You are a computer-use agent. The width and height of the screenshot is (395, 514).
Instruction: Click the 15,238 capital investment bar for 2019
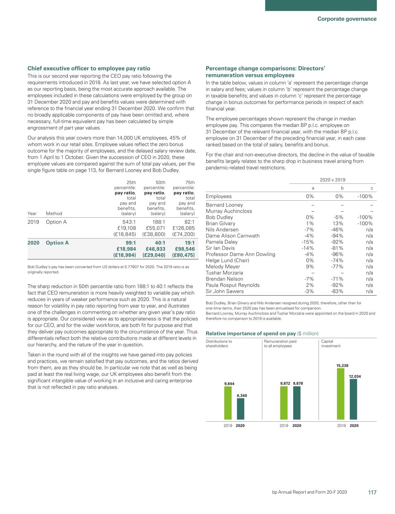(340, 394)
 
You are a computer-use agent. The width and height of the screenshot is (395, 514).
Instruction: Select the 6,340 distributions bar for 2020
(240, 409)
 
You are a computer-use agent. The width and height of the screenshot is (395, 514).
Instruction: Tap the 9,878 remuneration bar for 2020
(297, 403)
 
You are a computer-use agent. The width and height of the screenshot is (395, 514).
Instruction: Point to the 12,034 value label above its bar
(355, 377)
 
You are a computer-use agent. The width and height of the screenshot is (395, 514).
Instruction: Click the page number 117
(372, 492)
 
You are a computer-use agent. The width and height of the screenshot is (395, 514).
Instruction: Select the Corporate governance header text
(347, 19)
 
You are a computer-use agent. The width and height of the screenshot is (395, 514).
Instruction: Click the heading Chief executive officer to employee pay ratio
(89, 69)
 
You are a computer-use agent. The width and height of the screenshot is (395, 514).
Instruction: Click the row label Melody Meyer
(223, 267)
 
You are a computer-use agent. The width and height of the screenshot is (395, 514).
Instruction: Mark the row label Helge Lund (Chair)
(227, 260)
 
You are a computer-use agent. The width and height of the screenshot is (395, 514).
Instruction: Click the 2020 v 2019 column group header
(332, 180)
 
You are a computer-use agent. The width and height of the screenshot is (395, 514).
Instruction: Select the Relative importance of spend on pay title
(251, 334)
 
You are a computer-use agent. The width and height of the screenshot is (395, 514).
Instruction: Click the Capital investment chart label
(331, 343)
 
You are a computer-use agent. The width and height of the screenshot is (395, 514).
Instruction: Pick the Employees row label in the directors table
(219, 196)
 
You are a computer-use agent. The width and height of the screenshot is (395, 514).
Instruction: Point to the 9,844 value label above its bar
(229, 384)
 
